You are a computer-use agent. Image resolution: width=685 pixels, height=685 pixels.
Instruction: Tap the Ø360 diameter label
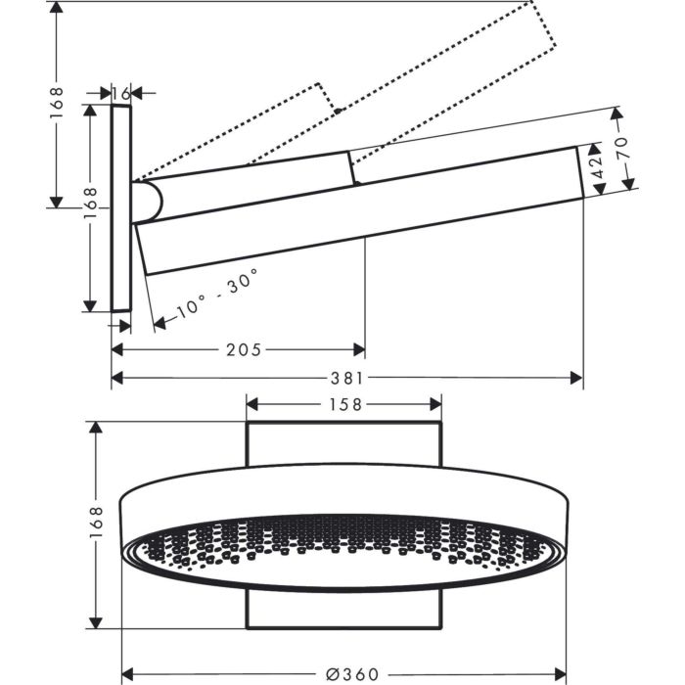[x=351, y=674]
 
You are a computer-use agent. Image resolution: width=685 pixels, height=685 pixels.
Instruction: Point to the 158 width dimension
[x=343, y=403]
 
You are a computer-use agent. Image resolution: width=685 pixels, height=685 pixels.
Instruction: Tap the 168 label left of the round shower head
[x=95, y=525]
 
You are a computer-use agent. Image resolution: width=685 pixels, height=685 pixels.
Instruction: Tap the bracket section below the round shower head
[x=342, y=611]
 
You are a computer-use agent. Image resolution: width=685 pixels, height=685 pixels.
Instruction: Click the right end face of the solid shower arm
[x=580, y=171]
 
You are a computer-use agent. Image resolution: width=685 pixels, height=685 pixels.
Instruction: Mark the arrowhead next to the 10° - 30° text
[x=160, y=322]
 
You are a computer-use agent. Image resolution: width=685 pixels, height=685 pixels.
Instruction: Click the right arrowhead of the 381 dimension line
[x=576, y=378]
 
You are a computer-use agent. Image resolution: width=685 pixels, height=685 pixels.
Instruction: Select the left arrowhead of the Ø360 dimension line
[x=128, y=674]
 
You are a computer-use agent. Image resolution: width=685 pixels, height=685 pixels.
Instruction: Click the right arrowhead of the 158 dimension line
[x=434, y=403]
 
